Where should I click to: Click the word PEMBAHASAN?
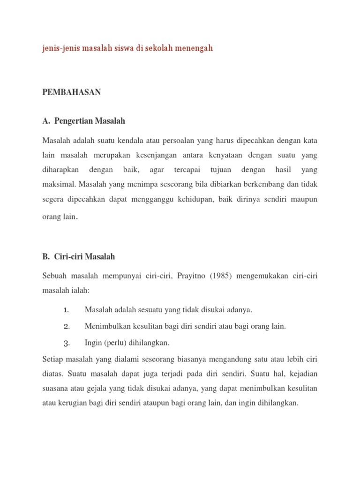pos(71,92)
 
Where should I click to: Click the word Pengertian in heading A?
pos(74,121)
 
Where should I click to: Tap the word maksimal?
pos(58,184)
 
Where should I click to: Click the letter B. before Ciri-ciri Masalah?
pos(46,257)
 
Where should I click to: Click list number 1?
pos(66,310)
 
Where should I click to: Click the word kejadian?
pos(301,374)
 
